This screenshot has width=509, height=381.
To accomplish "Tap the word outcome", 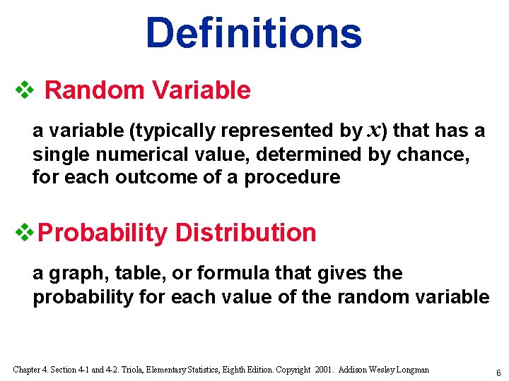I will click(156, 176).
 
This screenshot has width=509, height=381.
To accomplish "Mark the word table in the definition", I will click(131, 273).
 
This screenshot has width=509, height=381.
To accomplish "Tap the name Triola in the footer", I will click(149, 370).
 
